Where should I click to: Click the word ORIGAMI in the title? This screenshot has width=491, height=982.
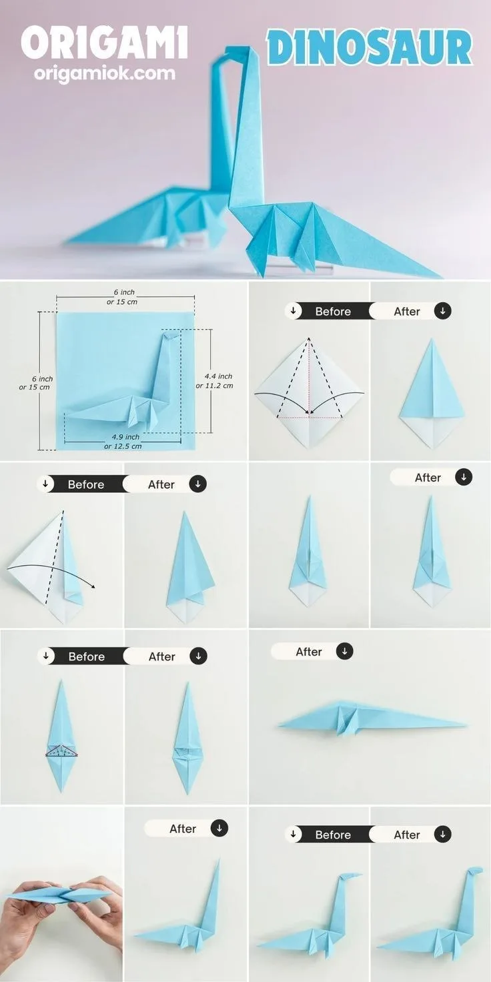[x=104, y=42]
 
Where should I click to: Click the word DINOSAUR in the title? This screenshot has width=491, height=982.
[x=370, y=48]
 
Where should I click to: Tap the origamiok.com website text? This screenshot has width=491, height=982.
[x=104, y=73]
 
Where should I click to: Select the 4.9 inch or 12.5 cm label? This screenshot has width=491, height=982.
[x=123, y=442]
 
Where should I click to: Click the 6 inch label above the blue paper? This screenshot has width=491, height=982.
[x=122, y=297]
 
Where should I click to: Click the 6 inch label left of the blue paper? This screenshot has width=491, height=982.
[x=35, y=383]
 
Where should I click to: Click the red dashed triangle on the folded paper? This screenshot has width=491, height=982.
[x=62, y=751]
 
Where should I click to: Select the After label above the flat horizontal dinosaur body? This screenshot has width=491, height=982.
[x=309, y=652]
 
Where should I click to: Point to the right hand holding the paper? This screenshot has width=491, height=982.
[x=101, y=907]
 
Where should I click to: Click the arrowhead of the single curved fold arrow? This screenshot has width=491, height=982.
[x=93, y=586]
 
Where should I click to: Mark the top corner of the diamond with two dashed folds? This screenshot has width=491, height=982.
[x=309, y=338]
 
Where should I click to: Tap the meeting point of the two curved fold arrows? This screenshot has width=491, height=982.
[x=310, y=412]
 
